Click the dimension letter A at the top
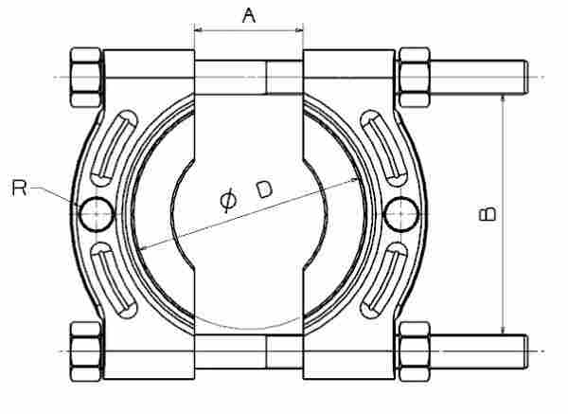tap(249, 16)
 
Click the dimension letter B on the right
tap(488, 214)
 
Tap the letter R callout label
tap(19, 188)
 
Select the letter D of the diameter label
tap(264, 189)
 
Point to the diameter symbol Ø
tap(228, 200)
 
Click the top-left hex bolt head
tap(85, 78)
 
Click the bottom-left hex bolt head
tap(85, 351)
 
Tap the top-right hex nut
tap(414, 78)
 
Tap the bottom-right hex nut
tap(414, 351)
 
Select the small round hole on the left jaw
tap(97, 214)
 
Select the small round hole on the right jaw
tap(401, 214)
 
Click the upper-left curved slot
tap(113, 149)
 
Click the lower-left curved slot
tap(113, 280)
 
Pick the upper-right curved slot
tap(384, 149)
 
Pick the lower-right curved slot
tap(384, 280)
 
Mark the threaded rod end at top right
tap(525, 78)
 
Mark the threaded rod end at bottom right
tap(525, 351)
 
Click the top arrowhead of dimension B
tap(503, 99)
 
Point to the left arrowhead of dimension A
tap(199, 30)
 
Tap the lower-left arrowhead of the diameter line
tap(144, 247)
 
